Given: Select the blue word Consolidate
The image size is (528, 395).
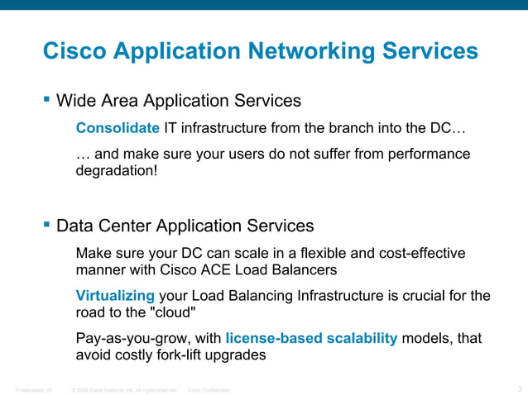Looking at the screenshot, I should [118, 129].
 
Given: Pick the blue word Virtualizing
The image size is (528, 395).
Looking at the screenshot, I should [115, 296].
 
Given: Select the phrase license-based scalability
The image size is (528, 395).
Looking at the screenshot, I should [311, 339].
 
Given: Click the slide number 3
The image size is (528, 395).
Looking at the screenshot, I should [519, 388].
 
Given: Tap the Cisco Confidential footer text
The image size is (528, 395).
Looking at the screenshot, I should [209, 389].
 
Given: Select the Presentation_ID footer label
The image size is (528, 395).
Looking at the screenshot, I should [34, 389].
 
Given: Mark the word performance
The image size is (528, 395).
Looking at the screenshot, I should [431, 155].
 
